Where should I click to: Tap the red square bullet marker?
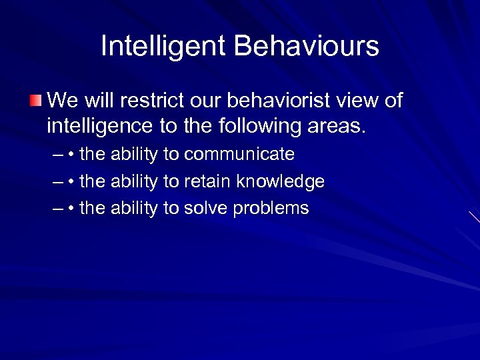35,101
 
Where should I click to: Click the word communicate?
239,155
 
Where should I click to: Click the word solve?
205,208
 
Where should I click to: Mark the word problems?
271,208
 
